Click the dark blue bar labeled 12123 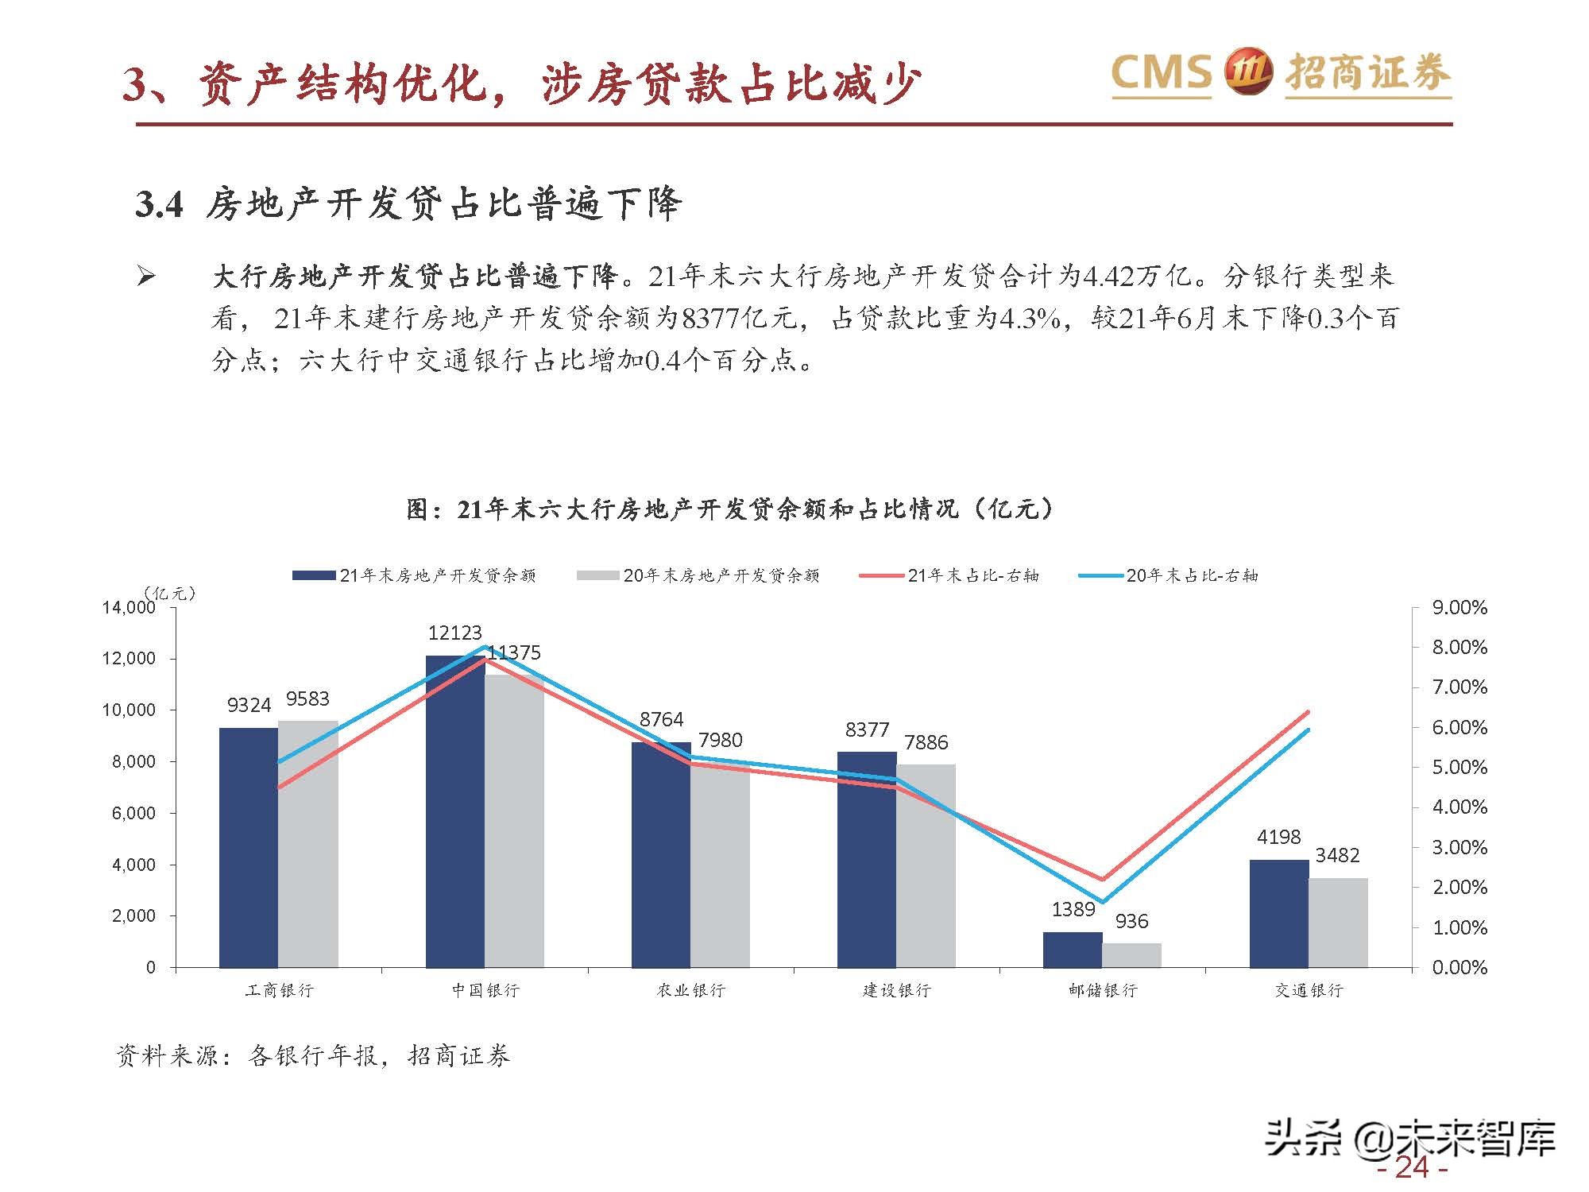(x=455, y=811)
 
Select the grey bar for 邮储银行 (x=1132, y=955)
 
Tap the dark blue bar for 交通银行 (x=1279, y=914)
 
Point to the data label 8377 (x=867, y=730)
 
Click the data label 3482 (x=1338, y=855)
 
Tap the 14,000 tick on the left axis (x=128, y=608)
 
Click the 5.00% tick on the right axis (x=1459, y=768)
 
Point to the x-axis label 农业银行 (x=691, y=990)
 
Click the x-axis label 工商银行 (x=280, y=990)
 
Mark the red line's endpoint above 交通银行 (x=1308, y=712)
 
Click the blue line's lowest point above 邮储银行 (x=1102, y=902)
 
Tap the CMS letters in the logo (x=1161, y=73)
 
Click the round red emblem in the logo (x=1248, y=72)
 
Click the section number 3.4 (x=159, y=205)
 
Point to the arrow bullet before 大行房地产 (x=146, y=277)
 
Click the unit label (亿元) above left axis (x=169, y=593)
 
